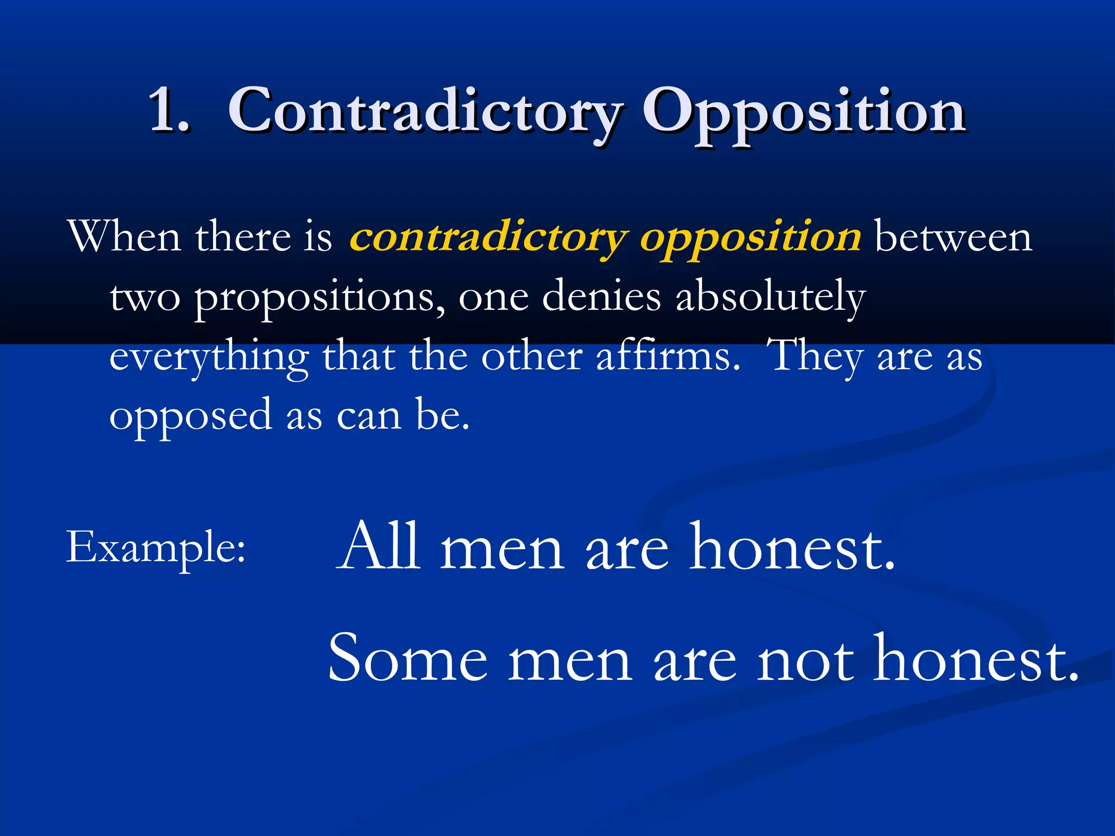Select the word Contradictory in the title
tap(424, 112)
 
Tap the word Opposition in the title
tap(804, 112)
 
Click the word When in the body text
tap(124, 237)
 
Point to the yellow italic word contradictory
tap(488, 238)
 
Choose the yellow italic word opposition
tap(750, 238)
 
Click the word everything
tap(209, 357)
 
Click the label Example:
tap(156, 547)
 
